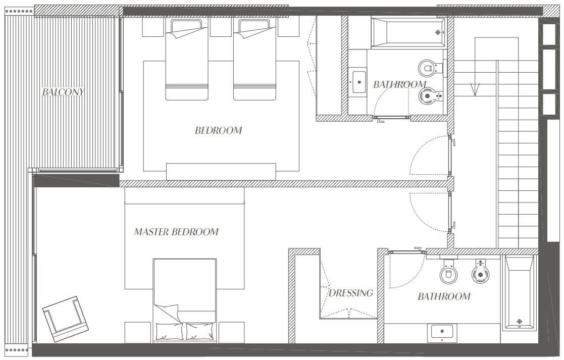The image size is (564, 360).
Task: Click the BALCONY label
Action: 63,92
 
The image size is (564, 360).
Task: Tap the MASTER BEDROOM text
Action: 176,232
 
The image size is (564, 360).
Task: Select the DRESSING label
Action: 351,293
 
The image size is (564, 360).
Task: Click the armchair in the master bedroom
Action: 66,319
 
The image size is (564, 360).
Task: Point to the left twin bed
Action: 187,60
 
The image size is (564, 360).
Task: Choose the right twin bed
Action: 254,60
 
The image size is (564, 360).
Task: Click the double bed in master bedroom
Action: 185,300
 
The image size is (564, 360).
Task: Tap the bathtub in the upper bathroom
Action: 408,33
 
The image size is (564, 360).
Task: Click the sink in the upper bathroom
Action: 358,82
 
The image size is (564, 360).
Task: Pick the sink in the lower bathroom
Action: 442,333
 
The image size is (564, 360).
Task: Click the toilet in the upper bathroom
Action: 430,68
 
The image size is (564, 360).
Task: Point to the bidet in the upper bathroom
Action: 431,96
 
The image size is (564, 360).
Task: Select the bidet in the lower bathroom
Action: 480,272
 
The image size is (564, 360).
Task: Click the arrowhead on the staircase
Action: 475,90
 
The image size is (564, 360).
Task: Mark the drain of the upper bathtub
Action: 438,32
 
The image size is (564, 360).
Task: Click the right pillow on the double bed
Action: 200,331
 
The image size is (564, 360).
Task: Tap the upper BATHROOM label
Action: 399,84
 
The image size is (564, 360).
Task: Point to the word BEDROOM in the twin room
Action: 218,130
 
